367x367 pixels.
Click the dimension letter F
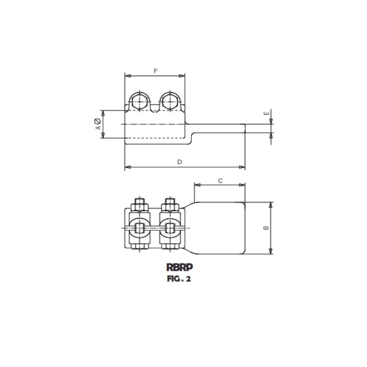[x=156, y=71]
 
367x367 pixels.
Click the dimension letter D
[x=179, y=162]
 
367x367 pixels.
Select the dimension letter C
[x=220, y=181]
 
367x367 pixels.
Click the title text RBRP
[x=179, y=267]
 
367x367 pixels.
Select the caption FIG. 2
[x=179, y=279]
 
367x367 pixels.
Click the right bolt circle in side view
[x=170, y=101]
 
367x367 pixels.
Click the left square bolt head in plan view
[x=140, y=228]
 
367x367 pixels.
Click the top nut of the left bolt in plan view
[x=140, y=206]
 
